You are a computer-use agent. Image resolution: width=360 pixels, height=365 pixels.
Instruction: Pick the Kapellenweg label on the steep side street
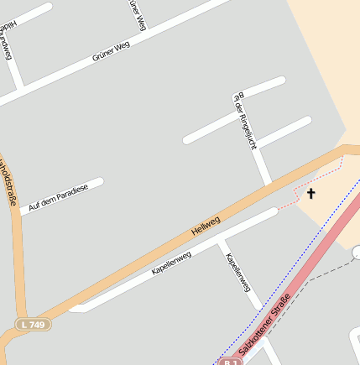238,271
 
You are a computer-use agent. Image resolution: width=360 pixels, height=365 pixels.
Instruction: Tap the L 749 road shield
33,324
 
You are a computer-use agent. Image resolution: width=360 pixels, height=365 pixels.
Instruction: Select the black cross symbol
310,194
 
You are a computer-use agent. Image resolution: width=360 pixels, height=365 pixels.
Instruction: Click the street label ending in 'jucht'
243,122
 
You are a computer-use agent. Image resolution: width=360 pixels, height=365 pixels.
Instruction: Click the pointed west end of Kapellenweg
74,309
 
